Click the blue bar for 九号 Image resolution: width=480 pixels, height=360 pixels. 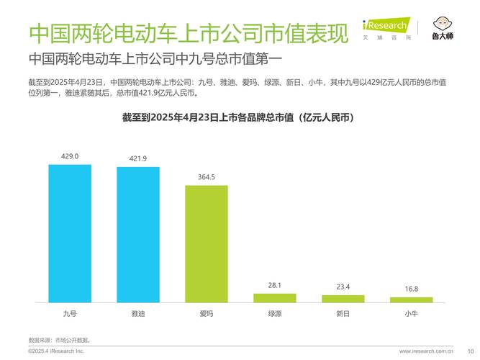click(x=70, y=233)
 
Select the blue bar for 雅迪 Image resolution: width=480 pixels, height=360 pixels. click(x=138, y=235)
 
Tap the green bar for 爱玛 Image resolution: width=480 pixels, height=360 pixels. click(x=207, y=243)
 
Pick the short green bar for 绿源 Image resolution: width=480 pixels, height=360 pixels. click(x=274, y=297)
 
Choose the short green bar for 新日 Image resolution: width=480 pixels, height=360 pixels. click(x=343, y=298)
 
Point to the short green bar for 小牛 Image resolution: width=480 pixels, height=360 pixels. click(x=411, y=300)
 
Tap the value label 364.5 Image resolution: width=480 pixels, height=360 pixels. click(x=207, y=177)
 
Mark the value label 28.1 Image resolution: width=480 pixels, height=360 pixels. click(x=274, y=285)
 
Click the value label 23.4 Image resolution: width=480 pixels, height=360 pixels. click(x=343, y=287)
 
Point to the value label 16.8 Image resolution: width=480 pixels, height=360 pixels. click(x=411, y=289)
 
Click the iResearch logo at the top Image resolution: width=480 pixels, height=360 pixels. click(x=385, y=27)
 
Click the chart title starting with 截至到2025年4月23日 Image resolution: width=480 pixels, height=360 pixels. click(x=240, y=117)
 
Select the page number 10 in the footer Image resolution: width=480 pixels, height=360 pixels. click(x=461, y=351)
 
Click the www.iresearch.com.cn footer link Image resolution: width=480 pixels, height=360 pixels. click(x=426, y=351)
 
